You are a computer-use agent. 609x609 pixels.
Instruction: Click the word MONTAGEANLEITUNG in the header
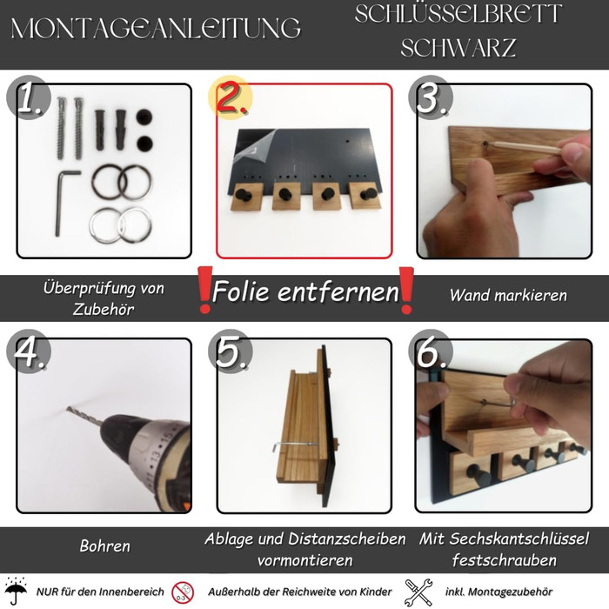pos(156,28)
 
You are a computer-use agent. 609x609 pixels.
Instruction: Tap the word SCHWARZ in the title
pos(458,47)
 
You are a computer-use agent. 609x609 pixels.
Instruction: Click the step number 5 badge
pos(230,352)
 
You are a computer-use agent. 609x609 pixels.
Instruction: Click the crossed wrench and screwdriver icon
pos(418,592)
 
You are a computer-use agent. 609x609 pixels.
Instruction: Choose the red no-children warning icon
pos(183,592)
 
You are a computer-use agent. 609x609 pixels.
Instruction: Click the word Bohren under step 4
pos(105,545)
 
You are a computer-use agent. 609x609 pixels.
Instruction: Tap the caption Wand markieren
pos(508,295)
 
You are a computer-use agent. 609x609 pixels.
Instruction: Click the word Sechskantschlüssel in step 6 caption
pos(519,539)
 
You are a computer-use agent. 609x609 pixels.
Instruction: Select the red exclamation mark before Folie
pos(204,290)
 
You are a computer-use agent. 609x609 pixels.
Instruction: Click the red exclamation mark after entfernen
pos(406,291)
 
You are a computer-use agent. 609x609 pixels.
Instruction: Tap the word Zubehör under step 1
pos(104,309)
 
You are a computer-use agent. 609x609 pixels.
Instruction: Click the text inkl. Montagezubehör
pos(499,592)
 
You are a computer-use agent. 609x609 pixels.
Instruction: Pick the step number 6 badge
pos(431,352)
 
